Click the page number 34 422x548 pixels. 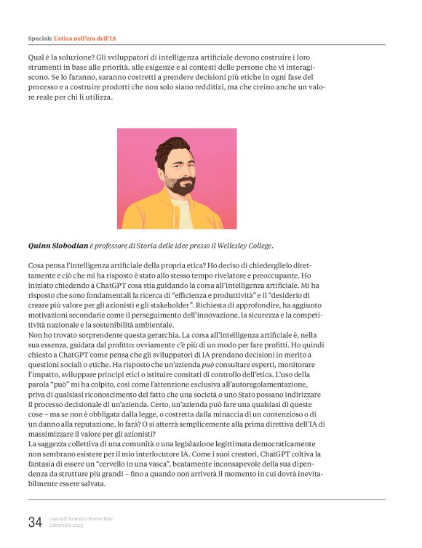pyautogui.click(x=35, y=521)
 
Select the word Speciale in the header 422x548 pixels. pyautogui.click(x=39, y=36)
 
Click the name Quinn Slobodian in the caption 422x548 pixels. pyautogui.click(x=57, y=246)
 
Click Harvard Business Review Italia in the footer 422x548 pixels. pyautogui.click(x=81, y=518)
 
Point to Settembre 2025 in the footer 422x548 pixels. pyautogui.click(x=66, y=525)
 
